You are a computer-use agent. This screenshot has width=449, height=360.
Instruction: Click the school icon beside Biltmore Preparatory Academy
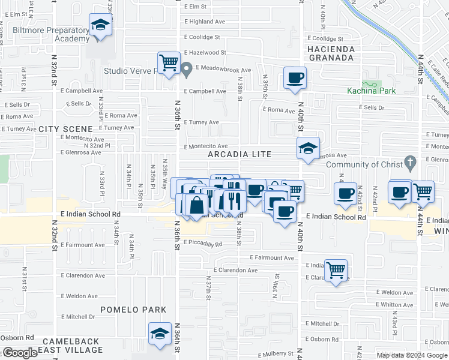point(101,25)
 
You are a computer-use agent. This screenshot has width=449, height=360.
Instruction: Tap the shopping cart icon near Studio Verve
point(169,62)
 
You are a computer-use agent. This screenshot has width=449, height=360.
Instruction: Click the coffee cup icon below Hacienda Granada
point(295,78)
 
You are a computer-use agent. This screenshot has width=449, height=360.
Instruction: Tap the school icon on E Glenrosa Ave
point(308,148)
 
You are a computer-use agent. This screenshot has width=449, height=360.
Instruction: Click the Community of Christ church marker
point(410,162)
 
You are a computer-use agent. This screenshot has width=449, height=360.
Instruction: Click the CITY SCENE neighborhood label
point(66,129)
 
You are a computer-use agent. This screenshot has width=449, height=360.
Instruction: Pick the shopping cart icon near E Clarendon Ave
point(336,269)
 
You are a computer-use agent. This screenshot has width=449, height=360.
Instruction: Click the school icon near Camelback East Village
point(160,333)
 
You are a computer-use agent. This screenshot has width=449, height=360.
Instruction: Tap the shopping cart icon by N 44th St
point(423,191)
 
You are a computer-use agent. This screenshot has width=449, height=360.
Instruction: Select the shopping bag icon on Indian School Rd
point(197,205)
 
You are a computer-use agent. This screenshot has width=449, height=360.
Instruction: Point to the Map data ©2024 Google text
point(412,355)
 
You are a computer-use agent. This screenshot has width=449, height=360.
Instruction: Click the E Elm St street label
point(196,7)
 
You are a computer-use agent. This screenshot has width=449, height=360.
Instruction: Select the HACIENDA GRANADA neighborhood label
point(331,53)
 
